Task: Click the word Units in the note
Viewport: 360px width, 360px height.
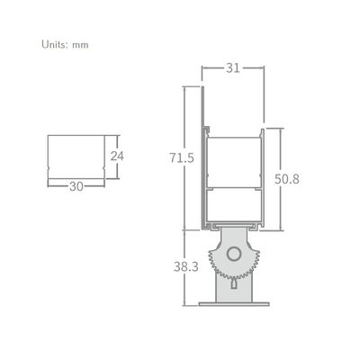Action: point(54,43)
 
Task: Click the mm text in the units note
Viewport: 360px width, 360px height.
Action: point(80,43)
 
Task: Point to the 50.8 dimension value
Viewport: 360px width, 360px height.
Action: point(286,179)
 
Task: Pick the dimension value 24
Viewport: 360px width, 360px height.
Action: point(116,155)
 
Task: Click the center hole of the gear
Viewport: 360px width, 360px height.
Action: point(234,255)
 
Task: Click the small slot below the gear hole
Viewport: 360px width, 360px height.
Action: point(234,283)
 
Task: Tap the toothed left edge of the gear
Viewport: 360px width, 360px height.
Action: point(211,262)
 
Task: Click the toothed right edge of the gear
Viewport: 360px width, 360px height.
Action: point(257,262)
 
